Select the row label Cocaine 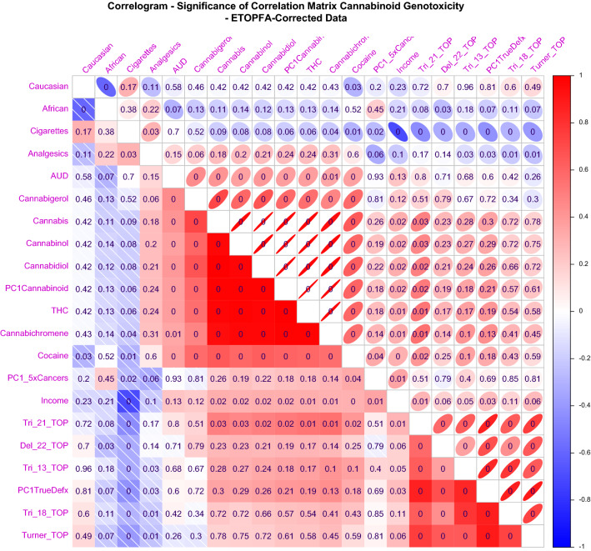[x=52, y=355]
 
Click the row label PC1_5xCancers [x=37, y=378]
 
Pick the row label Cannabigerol [x=40, y=198]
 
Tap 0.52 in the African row [x=353, y=108]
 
